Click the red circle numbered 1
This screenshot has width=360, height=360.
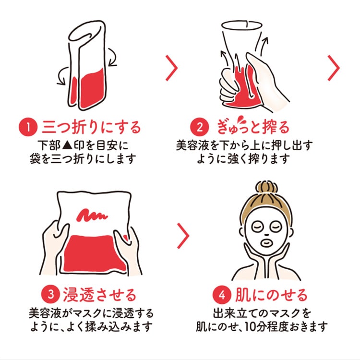coord(28,127)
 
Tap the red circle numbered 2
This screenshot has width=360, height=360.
coord(199,127)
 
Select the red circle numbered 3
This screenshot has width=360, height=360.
coord(53,294)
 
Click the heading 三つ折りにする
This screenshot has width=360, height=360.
coord(91,127)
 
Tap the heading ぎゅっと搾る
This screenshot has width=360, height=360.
coord(253,127)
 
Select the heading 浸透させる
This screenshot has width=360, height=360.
coord(99,294)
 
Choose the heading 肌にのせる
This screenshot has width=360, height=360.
coord(271,294)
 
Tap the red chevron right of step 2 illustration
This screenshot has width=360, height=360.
coord(334,68)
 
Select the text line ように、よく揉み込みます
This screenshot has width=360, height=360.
coord(91,327)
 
